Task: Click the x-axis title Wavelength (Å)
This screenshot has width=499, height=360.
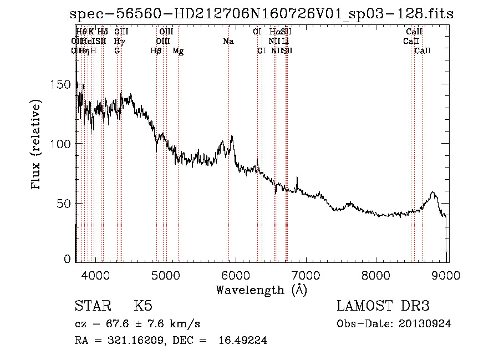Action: pos(261,290)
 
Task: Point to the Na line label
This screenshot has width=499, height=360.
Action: pos(228,41)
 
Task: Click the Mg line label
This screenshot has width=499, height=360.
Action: pos(178,51)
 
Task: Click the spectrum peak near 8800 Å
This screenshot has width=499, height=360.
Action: pos(432,192)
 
